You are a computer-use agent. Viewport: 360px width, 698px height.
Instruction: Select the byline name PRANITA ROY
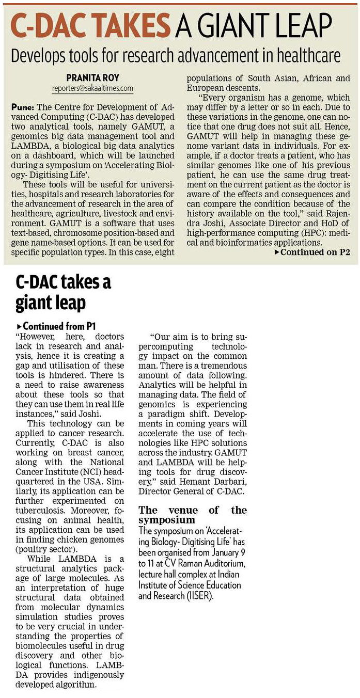point(92,78)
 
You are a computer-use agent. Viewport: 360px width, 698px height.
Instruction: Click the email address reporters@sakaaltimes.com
point(92,88)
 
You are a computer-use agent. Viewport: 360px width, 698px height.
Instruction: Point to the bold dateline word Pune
point(22,107)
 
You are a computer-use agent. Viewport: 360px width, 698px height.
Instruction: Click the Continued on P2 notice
point(312,252)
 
